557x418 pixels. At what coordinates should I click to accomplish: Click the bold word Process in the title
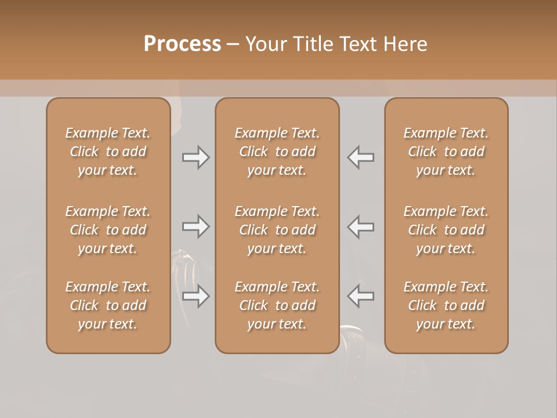click(x=182, y=44)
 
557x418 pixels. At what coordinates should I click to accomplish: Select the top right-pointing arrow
click(x=196, y=157)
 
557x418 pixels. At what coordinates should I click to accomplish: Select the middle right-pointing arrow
click(x=196, y=226)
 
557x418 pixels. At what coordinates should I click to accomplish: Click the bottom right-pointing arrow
click(x=196, y=296)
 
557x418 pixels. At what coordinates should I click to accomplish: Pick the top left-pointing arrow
click(x=361, y=157)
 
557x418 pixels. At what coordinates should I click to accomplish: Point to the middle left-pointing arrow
click(x=361, y=226)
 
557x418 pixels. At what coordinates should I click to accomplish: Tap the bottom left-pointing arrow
click(x=361, y=296)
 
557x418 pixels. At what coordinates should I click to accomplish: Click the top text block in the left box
click(x=108, y=152)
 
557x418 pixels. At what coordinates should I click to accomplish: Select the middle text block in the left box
click(x=108, y=230)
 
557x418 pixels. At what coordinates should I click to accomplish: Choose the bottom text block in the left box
click(x=108, y=305)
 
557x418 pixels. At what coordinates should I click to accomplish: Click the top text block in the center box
click(x=277, y=152)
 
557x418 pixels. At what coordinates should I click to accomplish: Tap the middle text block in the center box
click(x=277, y=230)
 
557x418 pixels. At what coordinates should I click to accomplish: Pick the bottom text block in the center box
click(x=277, y=305)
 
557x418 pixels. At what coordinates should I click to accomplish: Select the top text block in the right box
click(x=446, y=152)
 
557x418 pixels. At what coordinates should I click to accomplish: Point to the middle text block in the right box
click(x=446, y=230)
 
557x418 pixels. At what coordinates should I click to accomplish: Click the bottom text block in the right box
click(x=446, y=305)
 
